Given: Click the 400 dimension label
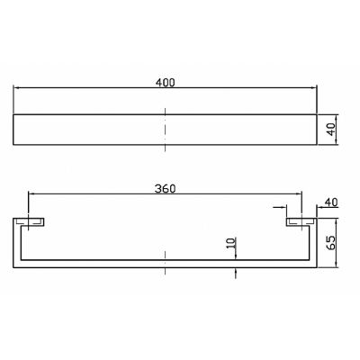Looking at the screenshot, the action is coord(165,82).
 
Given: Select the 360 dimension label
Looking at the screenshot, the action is coord(165,189).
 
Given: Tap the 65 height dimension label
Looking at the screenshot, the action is coord(330,242).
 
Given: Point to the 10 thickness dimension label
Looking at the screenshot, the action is coord(231,243).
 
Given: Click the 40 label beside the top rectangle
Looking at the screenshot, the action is coord(330,130).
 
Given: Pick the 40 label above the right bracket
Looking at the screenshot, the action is coord(331,202).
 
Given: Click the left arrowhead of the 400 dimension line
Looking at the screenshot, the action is coord(17,88).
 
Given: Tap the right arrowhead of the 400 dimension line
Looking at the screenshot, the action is coord(313,88).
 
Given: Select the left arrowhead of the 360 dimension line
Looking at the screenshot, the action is coord(31,194).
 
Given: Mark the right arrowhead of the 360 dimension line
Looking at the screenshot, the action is coord(298,194).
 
